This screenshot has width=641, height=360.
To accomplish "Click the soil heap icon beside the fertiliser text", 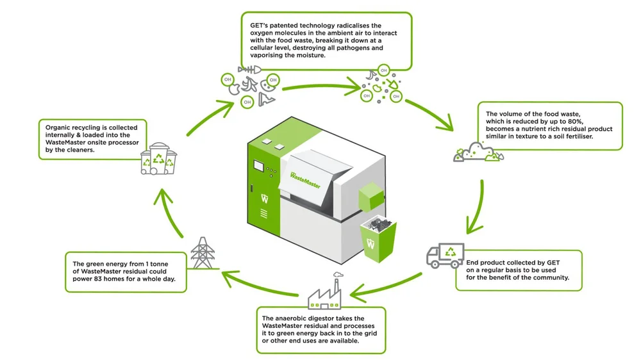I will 478,152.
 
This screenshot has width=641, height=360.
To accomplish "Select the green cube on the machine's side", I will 369,195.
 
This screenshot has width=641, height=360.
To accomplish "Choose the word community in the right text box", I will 550,277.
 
